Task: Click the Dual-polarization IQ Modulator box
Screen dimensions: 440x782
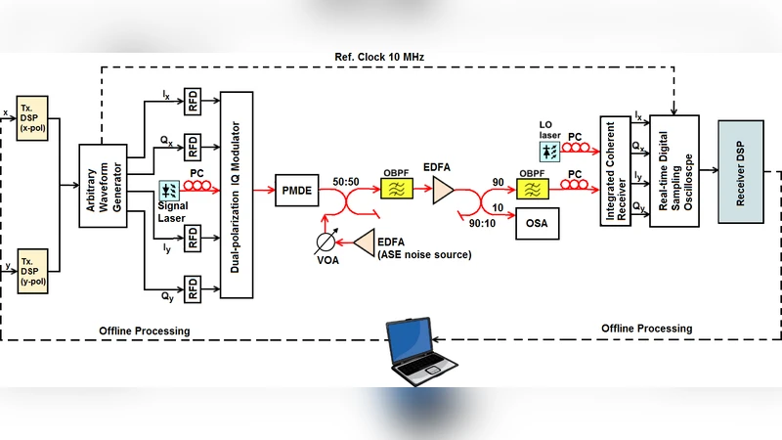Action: click(x=238, y=195)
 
